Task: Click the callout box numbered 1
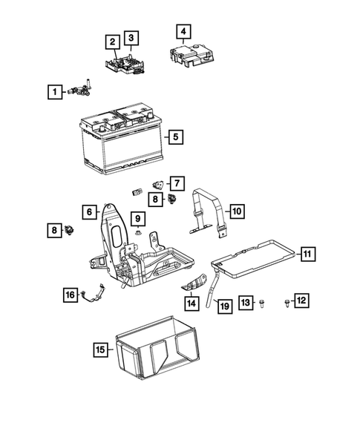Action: tap(53, 92)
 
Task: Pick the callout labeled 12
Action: tap(301, 300)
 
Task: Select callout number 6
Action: tap(88, 212)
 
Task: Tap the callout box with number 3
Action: tap(130, 38)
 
